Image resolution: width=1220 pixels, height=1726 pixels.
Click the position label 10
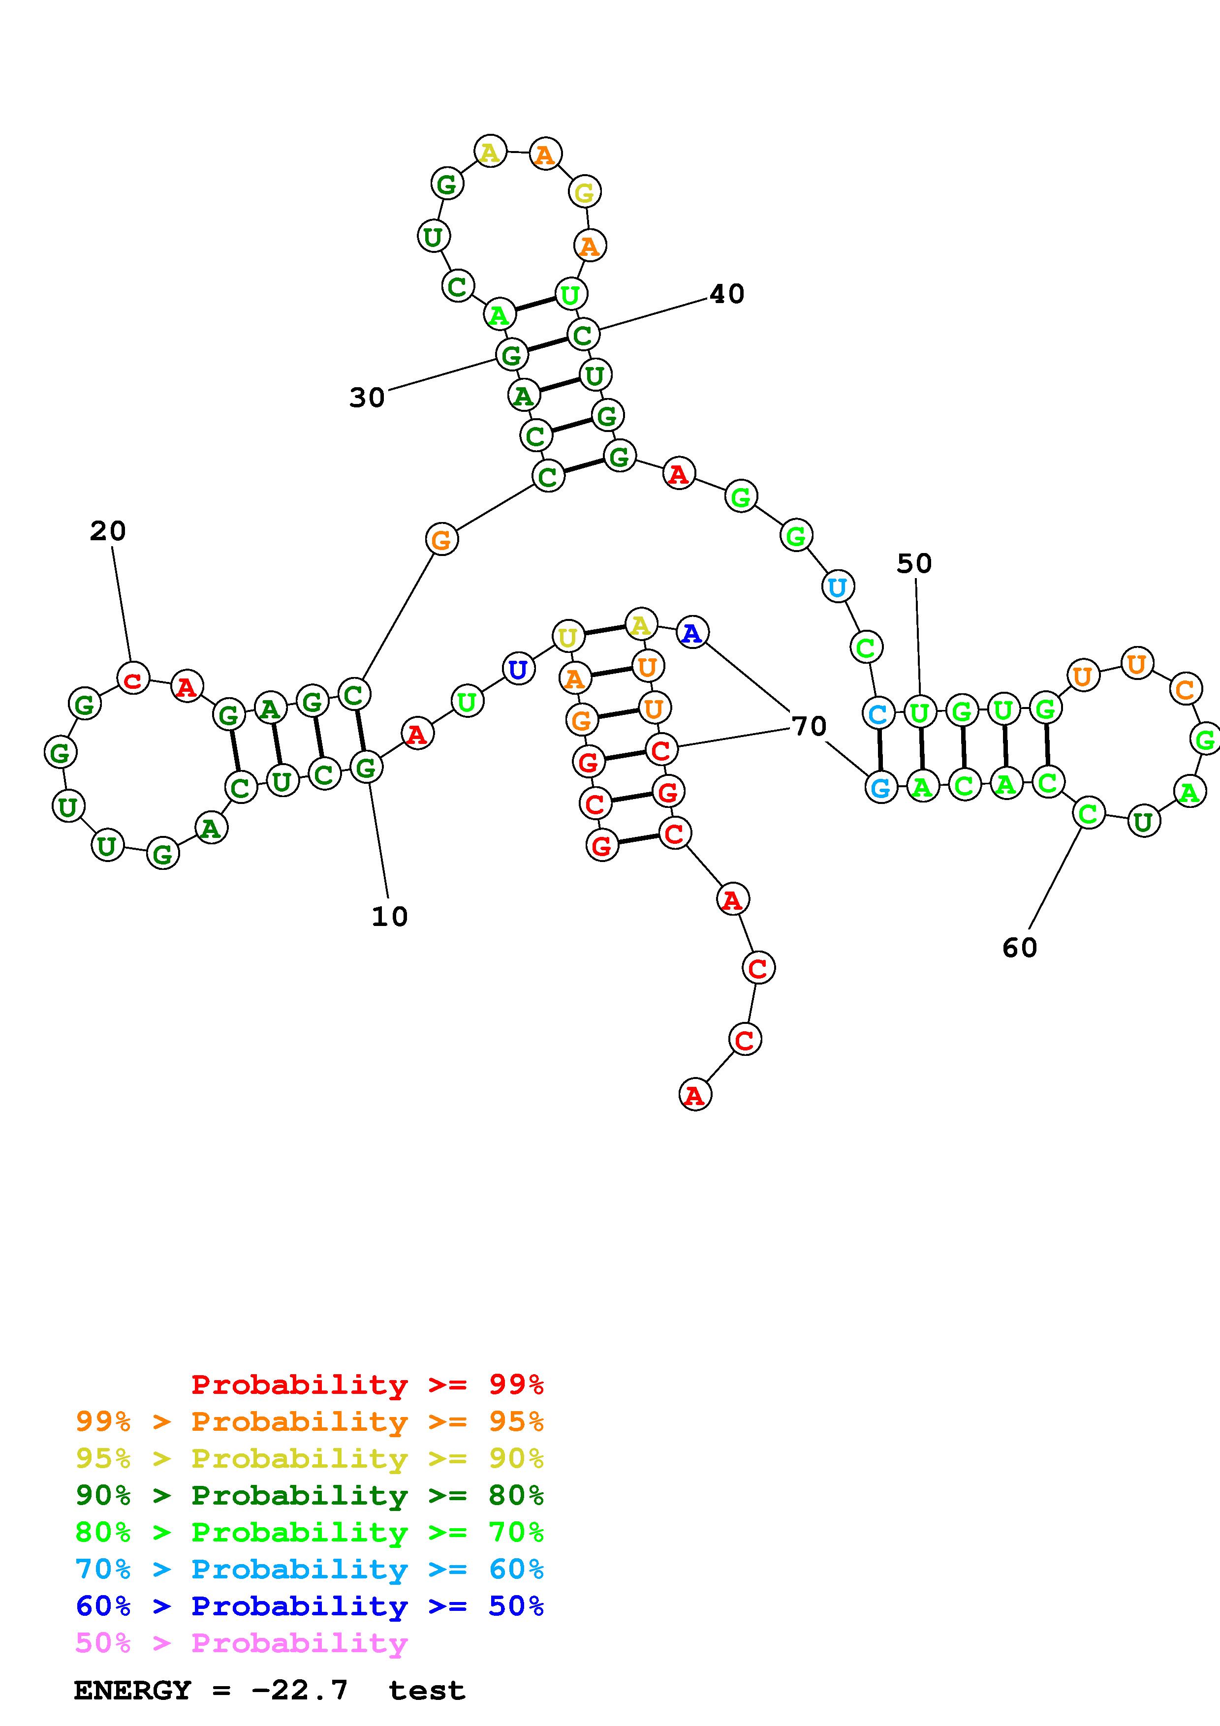click(x=389, y=916)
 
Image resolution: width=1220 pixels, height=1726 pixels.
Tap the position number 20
click(x=107, y=531)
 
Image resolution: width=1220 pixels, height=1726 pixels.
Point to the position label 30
click(x=367, y=398)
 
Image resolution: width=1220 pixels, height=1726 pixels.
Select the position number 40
click(x=727, y=294)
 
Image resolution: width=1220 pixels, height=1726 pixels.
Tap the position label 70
click(x=809, y=726)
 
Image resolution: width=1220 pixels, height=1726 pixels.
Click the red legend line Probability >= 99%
click(x=367, y=1385)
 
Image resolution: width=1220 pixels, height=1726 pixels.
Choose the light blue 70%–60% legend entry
click(x=309, y=1570)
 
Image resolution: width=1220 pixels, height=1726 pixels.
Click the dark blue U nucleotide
click(x=518, y=669)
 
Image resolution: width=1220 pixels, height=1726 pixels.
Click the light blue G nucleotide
click(x=880, y=787)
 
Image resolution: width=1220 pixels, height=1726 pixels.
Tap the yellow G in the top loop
click(x=584, y=192)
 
